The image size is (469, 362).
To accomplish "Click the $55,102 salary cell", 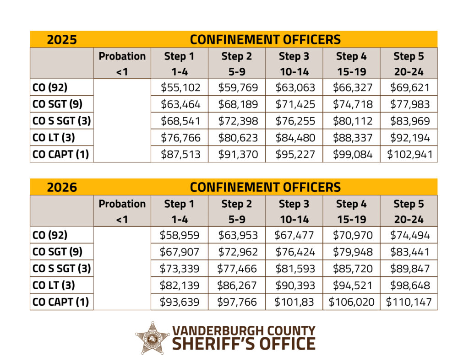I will pos(179,87).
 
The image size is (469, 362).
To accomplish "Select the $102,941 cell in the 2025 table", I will pos(409,154).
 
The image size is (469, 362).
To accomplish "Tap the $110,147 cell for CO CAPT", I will pos(409,302).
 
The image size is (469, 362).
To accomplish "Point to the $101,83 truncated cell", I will pos(294,302).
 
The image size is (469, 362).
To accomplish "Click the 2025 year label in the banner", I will pos(62,39).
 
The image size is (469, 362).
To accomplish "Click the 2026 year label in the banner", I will pos(62,187).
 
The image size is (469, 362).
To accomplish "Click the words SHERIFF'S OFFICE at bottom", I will pos(243,343).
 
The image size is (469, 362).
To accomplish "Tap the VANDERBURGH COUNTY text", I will pos(243,330).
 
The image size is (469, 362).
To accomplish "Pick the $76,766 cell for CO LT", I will pos(179,137).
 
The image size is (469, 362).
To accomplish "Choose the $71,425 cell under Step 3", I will pos(294,104).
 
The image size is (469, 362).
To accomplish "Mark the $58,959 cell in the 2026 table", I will pos(179,235).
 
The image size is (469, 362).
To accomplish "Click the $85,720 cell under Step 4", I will pos(351,269).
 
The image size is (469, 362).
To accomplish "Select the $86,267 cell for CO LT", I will pos(237,286).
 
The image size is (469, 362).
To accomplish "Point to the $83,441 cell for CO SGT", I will pos(409,252).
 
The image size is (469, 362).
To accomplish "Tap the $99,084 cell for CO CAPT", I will pos(351,154).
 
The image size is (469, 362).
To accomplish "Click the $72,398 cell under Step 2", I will pos(237,121).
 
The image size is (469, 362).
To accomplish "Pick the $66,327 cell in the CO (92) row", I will pos(351,87).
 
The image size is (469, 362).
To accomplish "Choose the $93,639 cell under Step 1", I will pos(179,302).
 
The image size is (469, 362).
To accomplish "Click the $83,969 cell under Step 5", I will pos(409,121).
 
